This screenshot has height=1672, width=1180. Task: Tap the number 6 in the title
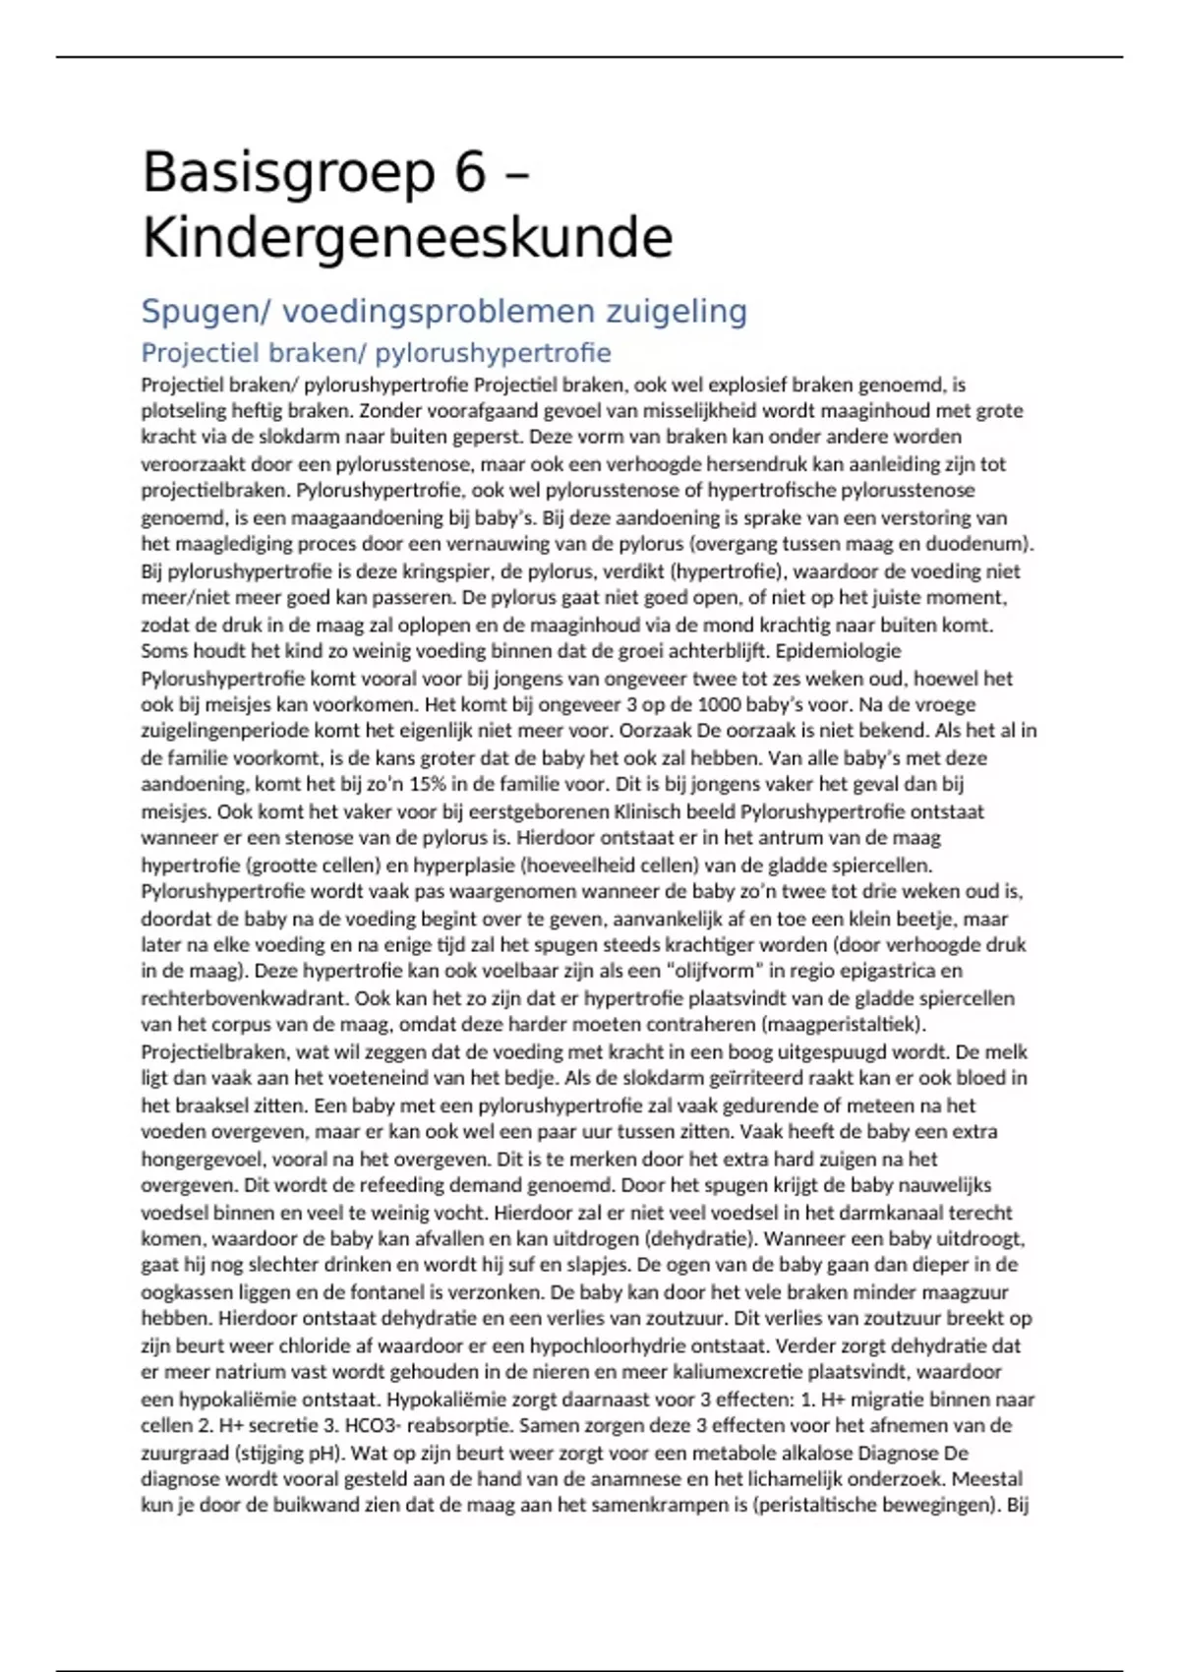[x=470, y=173]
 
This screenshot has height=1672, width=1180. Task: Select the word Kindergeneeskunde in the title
[x=407, y=238]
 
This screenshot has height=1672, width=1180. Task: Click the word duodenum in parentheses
[x=973, y=544]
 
